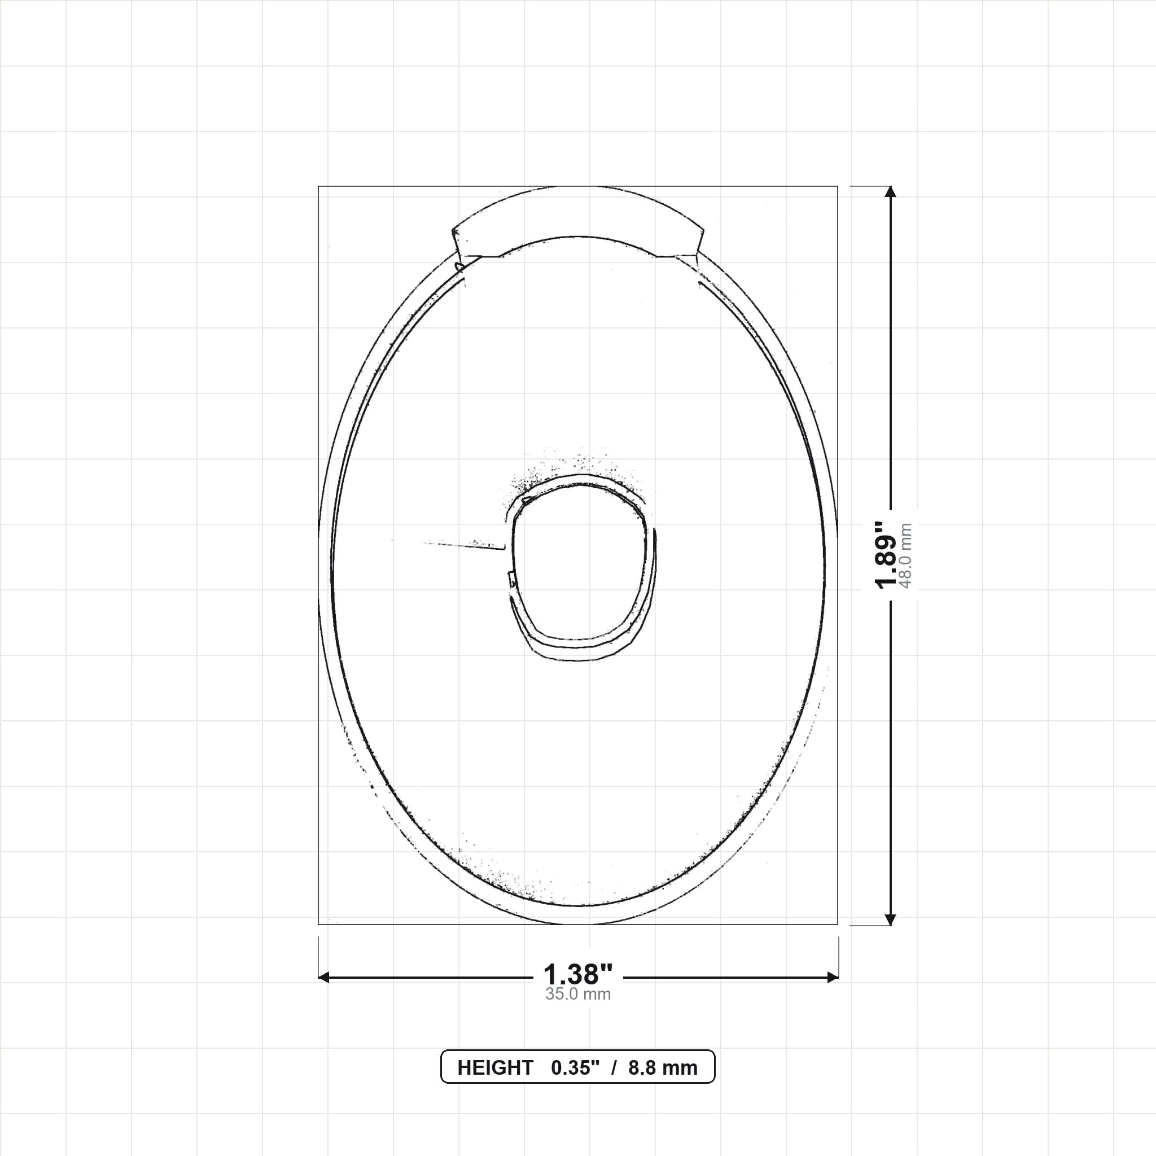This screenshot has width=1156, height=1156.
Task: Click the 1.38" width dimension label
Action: click(x=578, y=975)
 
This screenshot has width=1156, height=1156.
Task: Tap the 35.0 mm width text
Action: click(x=578, y=995)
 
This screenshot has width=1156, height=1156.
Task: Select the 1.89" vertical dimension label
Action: click(x=886, y=555)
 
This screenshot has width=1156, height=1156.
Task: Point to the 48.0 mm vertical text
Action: click(x=905, y=556)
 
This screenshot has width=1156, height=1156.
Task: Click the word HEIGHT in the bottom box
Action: click(x=495, y=1068)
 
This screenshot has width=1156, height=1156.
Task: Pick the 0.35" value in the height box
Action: click(x=575, y=1068)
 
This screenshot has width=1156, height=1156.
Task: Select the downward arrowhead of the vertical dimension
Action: click(x=890, y=919)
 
